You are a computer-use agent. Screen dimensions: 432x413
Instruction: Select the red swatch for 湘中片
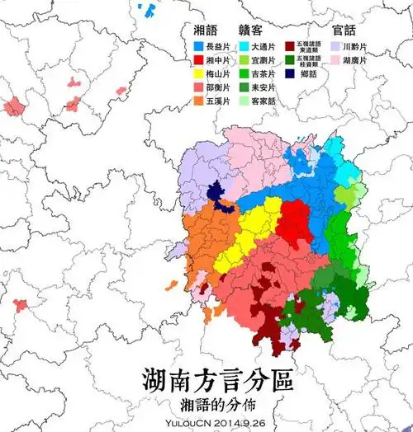coord(197,62)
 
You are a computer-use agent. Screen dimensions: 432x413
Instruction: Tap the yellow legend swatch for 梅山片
coord(197,75)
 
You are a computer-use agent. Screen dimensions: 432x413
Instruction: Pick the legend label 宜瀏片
coord(265,62)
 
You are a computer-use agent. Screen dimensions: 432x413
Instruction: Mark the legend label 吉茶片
coord(265,75)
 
